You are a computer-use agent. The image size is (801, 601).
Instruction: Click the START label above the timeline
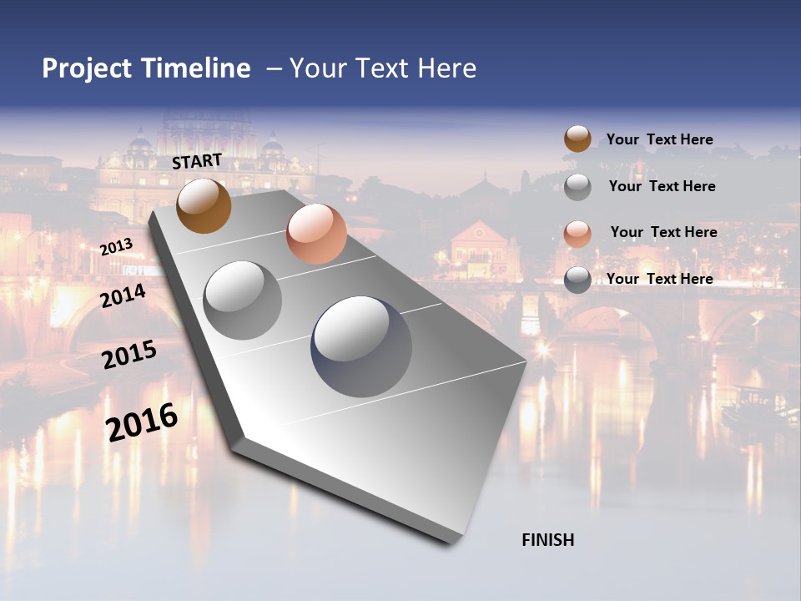click(x=197, y=161)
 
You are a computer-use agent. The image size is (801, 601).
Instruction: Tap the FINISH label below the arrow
click(x=548, y=540)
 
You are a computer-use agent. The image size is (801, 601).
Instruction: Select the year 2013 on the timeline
click(x=116, y=247)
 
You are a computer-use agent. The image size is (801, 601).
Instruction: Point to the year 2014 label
click(x=123, y=295)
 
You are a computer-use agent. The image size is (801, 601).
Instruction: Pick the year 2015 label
click(x=129, y=355)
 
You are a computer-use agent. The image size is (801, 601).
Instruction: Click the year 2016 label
click(x=142, y=422)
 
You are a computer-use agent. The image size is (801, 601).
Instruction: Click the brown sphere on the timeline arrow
click(x=204, y=206)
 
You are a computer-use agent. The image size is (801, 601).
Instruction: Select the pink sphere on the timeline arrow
click(x=316, y=234)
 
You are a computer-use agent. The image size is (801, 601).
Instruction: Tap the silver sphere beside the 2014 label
click(x=243, y=300)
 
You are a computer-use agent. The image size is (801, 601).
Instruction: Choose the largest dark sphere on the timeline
click(x=361, y=346)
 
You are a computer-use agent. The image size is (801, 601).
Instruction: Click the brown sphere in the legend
click(x=577, y=139)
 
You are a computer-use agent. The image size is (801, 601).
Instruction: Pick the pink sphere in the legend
click(x=577, y=234)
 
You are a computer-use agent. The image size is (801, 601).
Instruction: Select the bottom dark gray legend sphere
click(x=577, y=280)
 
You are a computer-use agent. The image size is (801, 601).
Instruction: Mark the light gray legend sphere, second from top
click(x=577, y=187)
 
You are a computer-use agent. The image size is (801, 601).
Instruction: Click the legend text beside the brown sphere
click(x=659, y=140)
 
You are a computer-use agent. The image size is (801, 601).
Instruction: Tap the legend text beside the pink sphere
click(x=663, y=232)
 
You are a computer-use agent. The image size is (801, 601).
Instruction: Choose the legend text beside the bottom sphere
click(x=659, y=279)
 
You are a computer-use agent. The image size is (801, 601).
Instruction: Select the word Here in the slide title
click(x=446, y=68)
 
